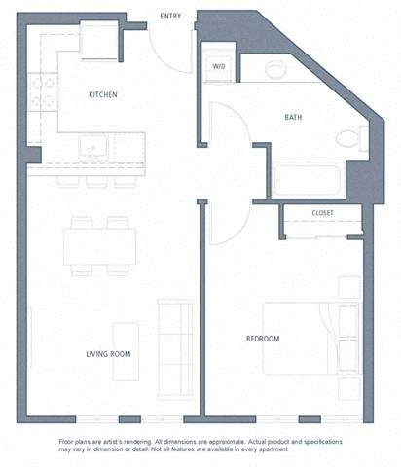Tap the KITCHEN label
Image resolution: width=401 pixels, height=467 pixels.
pyautogui.click(x=103, y=94)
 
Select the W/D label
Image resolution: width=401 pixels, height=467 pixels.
pyautogui.click(x=219, y=66)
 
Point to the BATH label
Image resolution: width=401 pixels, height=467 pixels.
pyautogui.click(x=293, y=118)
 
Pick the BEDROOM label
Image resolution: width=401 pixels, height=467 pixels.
pyautogui.click(x=262, y=338)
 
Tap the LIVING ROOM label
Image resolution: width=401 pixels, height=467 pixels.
pyautogui.click(x=107, y=354)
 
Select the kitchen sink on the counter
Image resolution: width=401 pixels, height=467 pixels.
pyautogui.click(x=95, y=149)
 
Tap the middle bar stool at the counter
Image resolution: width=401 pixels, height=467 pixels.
pyautogui.click(x=96, y=181)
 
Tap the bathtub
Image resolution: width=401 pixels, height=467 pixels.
pyautogui.click(x=307, y=181)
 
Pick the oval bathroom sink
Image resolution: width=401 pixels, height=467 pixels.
pyautogui.click(x=276, y=69)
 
